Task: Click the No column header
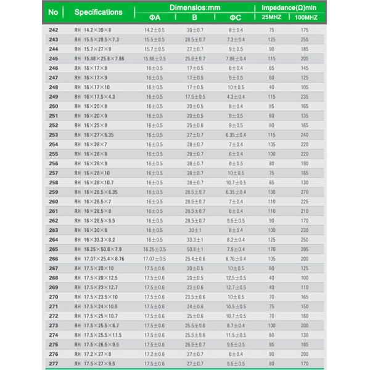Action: (x=54, y=12)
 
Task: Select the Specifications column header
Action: (x=98, y=12)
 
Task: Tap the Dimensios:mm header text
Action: (x=194, y=7)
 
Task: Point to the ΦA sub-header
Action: (x=154, y=17)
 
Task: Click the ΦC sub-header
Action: (x=235, y=17)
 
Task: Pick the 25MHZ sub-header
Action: (x=271, y=17)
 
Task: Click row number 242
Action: (x=54, y=30)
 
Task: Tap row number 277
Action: (x=54, y=364)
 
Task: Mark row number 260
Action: (x=54, y=202)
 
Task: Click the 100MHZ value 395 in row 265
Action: (x=304, y=249)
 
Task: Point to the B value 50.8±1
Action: (x=195, y=249)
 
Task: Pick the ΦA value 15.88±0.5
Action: (x=154, y=59)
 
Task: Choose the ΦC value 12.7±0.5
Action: (x=236, y=287)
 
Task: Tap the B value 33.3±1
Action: (x=195, y=240)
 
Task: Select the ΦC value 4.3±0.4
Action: (x=236, y=97)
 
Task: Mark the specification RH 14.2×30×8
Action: (x=94, y=30)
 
